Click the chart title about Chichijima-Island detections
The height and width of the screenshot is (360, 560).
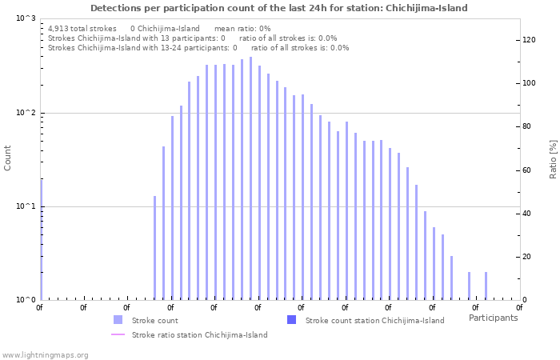279,8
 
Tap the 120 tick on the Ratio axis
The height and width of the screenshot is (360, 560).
529,40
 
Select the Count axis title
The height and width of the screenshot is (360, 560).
8,158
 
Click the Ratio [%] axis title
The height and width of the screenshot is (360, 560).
553,158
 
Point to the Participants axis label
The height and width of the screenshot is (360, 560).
493,318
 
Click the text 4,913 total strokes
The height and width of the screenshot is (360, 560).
82,28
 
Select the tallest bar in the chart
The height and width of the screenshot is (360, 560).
250,178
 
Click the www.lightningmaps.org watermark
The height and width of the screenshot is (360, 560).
45,354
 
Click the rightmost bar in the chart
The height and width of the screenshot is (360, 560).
486,286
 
